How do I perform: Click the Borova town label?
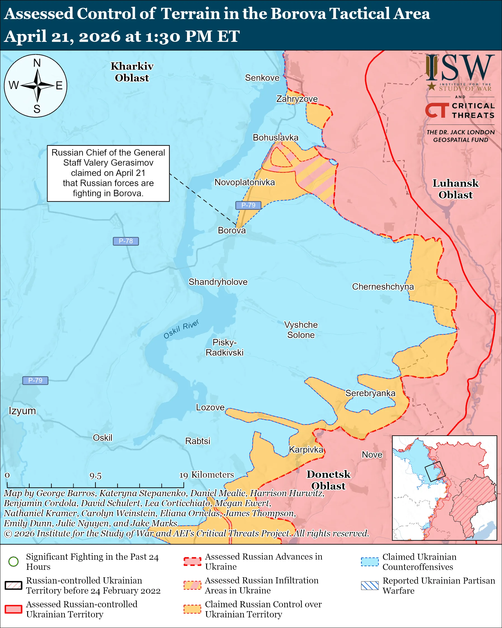coord(232,230)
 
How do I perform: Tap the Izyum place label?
coord(22,411)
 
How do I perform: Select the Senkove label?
coord(262,78)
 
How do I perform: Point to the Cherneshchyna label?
coord(383,287)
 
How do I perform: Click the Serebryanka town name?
coord(370,393)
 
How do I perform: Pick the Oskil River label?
coord(181,329)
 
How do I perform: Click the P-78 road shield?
coord(126,241)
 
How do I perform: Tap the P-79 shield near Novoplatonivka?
coord(248,205)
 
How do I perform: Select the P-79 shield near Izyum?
coord(35,380)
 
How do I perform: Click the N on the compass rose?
coord(37,63)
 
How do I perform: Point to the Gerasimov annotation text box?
coord(108,173)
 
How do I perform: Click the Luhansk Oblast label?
coord(456,189)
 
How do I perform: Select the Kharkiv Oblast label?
coord(132,72)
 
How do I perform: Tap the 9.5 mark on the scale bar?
coord(95,476)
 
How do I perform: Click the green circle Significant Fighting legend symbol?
coord(14,561)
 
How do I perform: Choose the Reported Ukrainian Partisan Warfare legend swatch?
coord(370,585)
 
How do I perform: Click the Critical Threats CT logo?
coord(437,110)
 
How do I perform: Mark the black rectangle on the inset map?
coord(433,471)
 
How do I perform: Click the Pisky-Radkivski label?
coord(224,347)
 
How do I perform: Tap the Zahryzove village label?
coord(297,99)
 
